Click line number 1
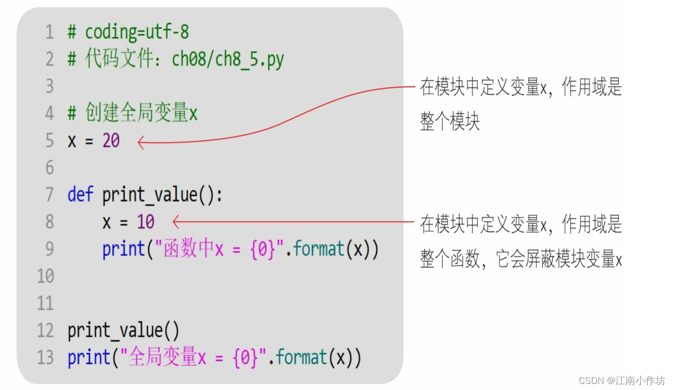(x=49, y=33)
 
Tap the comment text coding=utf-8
(x=137, y=33)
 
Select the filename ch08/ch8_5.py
(x=228, y=60)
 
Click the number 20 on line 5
(x=111, y=141)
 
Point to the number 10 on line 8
(x=146, y=222)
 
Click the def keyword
(x=80, y=195)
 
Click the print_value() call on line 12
(x=123, y=331)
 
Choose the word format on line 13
(x=302, y=358)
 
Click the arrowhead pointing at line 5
(x=140, y=143)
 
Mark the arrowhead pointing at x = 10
(x=175, y=221)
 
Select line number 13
(x=45, y=358)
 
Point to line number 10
(x=45, y=276)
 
